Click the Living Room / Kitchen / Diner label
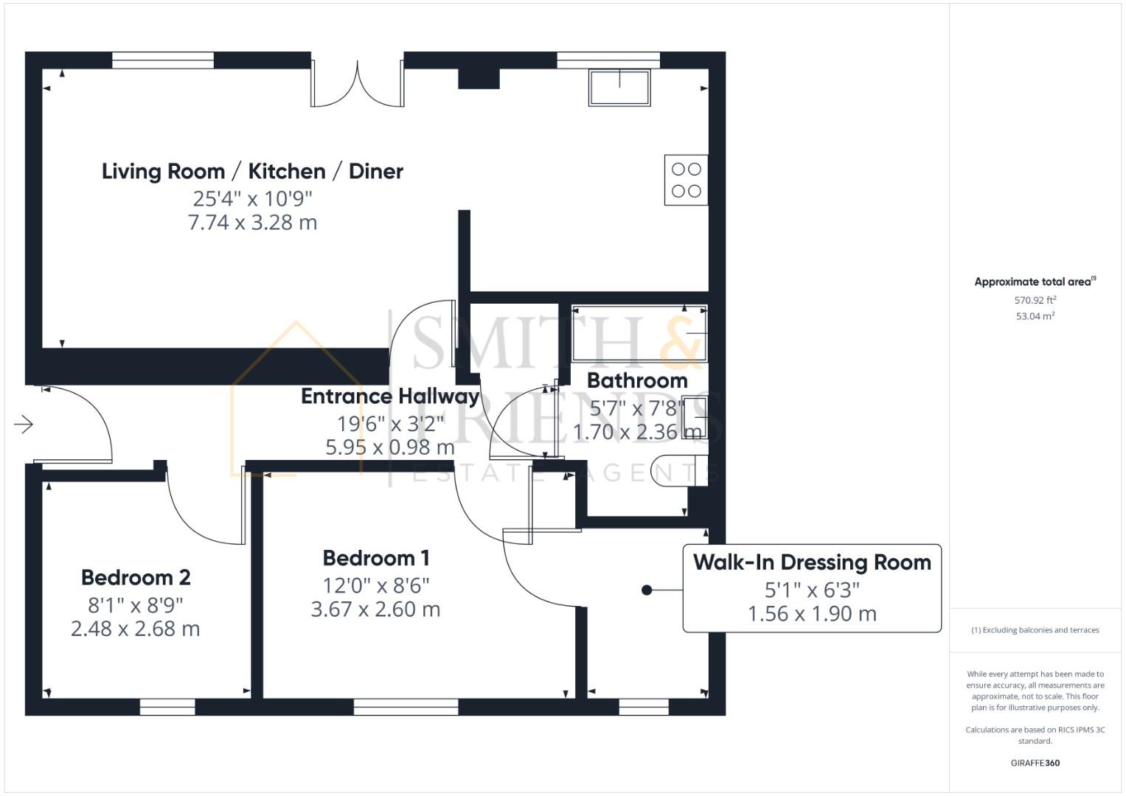point(252,171)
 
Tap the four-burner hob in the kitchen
point(686,180)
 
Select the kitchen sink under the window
point(619,88)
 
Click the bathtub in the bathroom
point(639,334)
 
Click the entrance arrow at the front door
point(24,425)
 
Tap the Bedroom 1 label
point(376,558)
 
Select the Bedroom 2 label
point(136,577)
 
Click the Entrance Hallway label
point(390,397)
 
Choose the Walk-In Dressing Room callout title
point(812,562)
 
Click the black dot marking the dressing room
point(647,590)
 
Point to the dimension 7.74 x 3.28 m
point(252,223)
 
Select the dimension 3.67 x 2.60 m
point(375,610)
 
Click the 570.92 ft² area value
point(1035,300)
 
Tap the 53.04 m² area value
point(1035,316)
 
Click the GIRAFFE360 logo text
point(1035,763)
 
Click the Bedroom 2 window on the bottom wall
point(167,708)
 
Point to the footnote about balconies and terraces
point(1035,630)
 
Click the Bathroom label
point(637,381)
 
